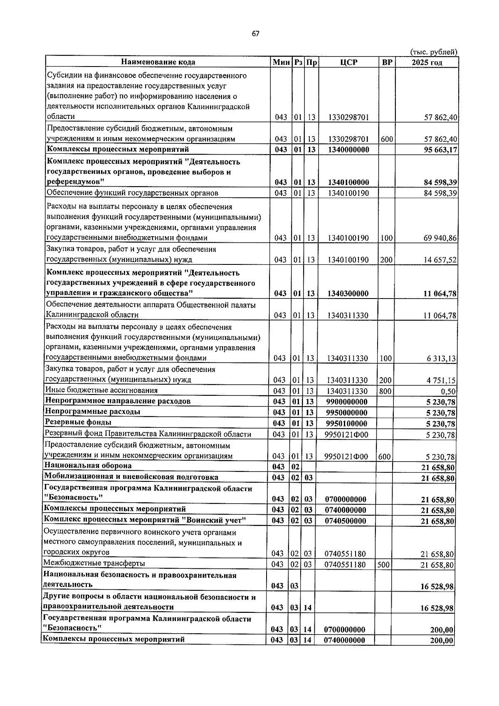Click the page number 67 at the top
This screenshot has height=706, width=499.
(x=255, y=34)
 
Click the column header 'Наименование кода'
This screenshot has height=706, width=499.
(x=158, y=62)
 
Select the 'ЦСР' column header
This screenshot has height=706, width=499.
(x=348, y=62)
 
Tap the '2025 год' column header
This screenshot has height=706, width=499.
(x=427, y=62)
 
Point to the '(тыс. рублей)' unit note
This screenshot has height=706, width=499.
(x=434, y=52)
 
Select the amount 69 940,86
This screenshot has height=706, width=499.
(x=440, y=238)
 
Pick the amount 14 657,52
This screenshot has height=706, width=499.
(x=440, y=260)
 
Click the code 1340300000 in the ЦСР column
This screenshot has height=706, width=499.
(x=348, y=294)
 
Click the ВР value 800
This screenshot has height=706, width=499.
(x=385, y=391)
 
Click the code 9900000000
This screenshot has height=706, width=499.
(x=347, y=402)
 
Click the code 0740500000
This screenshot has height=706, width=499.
(x=346, y=521)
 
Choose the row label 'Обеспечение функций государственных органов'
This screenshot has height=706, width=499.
(x=132, y=193)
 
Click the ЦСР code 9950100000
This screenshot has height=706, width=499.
(x=347, y=424)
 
